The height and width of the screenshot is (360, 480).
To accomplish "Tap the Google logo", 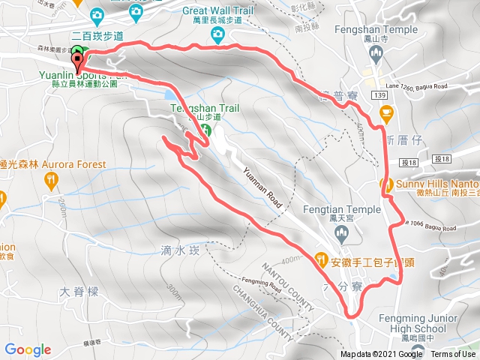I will point(28,349).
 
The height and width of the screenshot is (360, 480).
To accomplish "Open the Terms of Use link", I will point(453,355).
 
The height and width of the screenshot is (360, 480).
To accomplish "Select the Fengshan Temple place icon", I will point(376,52).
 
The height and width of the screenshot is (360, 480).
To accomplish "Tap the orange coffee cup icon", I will point(386,113).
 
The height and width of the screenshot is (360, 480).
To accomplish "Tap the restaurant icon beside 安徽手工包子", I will point(322,260).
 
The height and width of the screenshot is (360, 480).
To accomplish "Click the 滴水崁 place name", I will point(175,251).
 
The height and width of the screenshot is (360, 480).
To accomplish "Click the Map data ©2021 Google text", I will point(381,355).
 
